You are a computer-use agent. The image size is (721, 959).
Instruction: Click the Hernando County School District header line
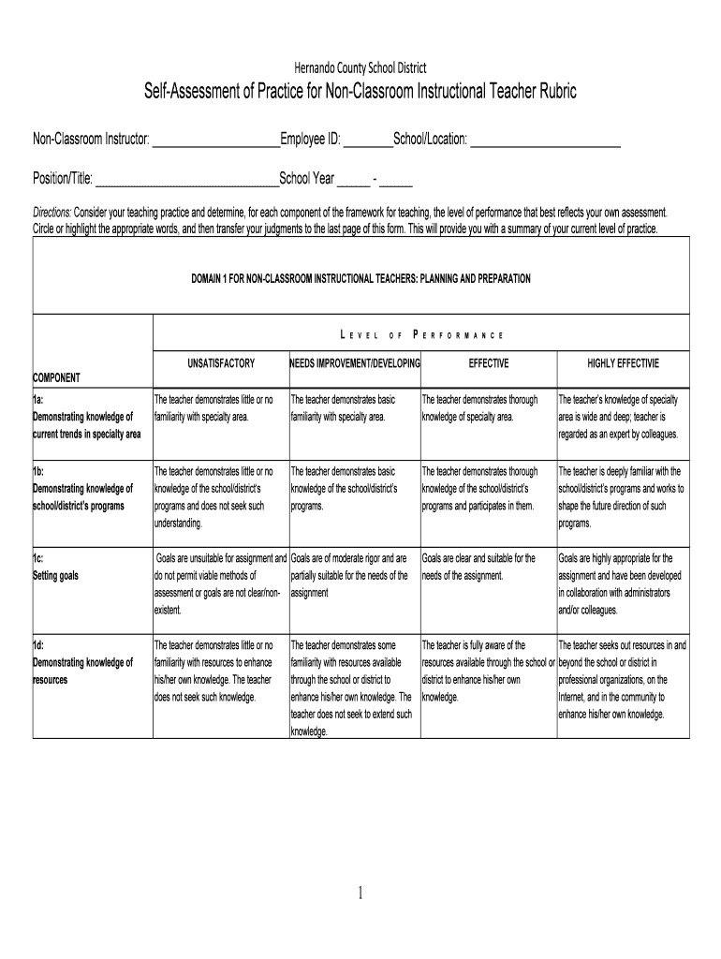pos(360,67)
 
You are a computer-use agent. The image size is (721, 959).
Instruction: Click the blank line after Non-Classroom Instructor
pos(215,141)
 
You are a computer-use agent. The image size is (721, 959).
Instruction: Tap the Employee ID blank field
pos(368,141)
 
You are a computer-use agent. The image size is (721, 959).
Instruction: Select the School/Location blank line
pos(544,141)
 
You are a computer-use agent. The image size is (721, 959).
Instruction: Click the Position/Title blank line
pos(187,181)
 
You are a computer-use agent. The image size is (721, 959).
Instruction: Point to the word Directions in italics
pos(52,212)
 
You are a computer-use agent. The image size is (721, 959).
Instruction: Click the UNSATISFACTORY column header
pos(221,362)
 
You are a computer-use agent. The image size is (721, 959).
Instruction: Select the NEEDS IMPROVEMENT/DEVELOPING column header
pos(355,362)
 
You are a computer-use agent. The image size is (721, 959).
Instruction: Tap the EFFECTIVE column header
pos(489,362)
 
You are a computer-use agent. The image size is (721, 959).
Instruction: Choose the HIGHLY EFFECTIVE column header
pos(623,362)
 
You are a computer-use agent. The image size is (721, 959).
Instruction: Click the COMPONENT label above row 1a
pos(57,377)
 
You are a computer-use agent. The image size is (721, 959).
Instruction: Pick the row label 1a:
pos(39,400)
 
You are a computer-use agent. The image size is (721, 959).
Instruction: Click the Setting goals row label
pos(56,576)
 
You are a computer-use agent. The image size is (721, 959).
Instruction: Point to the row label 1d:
pos(40,645)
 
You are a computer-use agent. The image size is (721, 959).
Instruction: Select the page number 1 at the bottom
pos(360,893)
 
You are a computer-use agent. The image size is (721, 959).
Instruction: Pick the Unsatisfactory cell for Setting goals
pos(221,584)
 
